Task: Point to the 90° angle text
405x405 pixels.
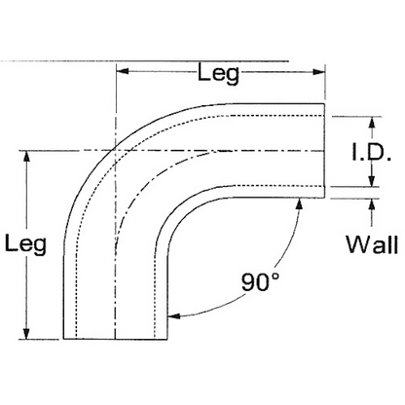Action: point(260,283)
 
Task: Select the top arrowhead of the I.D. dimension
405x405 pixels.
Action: point(372,123)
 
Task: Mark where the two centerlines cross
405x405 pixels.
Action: point(116,151)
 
